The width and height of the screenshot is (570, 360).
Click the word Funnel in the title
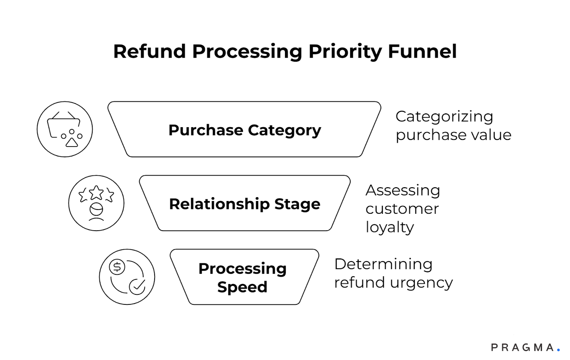tap(422, 51)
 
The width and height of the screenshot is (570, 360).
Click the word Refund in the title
tap(150, 51)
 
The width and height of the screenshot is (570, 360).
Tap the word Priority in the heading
tap(345, 52)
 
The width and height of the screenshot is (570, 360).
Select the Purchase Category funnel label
tap(244, 130)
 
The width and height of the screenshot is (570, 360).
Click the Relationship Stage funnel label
tap(244, 204)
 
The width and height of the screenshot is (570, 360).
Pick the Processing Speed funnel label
tap(243, 277)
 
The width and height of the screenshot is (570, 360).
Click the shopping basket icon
tap(65, 129)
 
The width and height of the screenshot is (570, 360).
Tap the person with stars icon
tap(96, 203)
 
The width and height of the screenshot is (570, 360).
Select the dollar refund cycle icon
tap(127, 277)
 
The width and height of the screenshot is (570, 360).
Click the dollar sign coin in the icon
tap(117, 267)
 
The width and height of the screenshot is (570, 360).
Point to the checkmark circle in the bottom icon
tap(137, 286)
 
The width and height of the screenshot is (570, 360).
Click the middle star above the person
tap(96, 193)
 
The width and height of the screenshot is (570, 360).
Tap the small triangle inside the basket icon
tap(72, 143)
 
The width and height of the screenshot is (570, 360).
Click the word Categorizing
tap(444, 117)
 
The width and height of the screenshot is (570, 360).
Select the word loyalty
tap(390, 227)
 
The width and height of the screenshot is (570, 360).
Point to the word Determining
tap(383, 264)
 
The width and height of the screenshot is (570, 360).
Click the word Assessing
tap(403, 190)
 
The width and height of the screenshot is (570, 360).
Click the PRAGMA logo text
tap(522, 348)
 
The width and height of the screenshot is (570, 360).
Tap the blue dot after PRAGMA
tap(559, 350)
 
